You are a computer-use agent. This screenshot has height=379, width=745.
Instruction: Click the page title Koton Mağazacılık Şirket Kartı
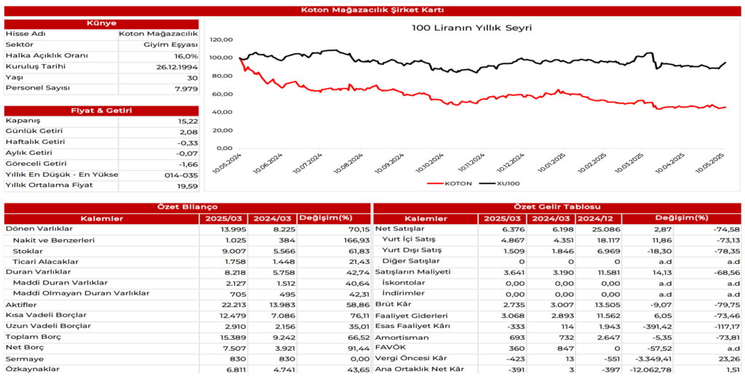coord(372,10)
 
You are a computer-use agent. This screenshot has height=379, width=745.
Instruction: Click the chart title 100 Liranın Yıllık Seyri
coord(471,28)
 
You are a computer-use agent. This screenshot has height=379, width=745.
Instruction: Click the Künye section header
coord(101,23)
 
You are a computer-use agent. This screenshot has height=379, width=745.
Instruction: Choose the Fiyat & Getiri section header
coord(101,111)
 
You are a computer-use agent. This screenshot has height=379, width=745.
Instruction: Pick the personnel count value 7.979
coord(186,89)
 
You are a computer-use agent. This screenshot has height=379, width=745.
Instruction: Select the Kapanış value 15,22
coord(187,121)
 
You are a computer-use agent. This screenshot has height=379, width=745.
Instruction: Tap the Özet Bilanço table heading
coord(187,208)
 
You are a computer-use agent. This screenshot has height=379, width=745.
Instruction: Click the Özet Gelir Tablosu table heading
coord(557,208)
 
